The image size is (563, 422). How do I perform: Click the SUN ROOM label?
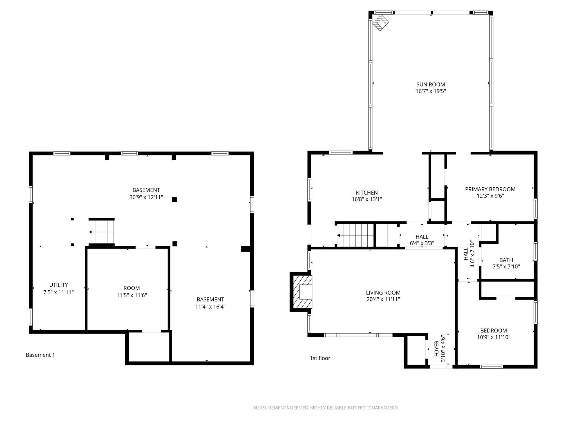[x=431, y=84]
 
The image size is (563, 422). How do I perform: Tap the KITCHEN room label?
[x=367, y=193]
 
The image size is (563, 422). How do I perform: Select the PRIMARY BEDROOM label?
[x=490, y=189]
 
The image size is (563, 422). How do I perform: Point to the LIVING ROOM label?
[x=383, y=293]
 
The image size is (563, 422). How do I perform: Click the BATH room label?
[x=506, y=260]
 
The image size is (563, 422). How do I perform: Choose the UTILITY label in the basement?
[x=59, y=285]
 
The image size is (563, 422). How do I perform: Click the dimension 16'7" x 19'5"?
[x=431, y=91]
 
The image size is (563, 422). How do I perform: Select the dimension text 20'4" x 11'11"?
[x=383, y=299]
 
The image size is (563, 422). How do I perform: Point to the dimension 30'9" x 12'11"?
[x=146, y=197]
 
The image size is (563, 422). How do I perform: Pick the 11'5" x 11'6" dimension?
[x=132, y=295]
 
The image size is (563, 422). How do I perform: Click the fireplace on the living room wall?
[x=301, y=292]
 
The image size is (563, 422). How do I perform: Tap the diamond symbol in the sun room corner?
[x=380, y=22]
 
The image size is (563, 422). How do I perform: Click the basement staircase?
[x=101, y=232]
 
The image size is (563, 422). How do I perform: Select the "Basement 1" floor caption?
[x=40, y=355]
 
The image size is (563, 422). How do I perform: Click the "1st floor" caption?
[x=320, y=358]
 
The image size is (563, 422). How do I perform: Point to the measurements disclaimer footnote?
[x=326, y=408]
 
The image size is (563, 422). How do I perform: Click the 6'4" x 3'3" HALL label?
[x=422, y=240]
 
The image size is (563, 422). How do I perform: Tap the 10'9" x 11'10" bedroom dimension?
[x=493, y=337]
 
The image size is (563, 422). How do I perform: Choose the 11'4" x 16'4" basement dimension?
[x=210, y=306]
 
